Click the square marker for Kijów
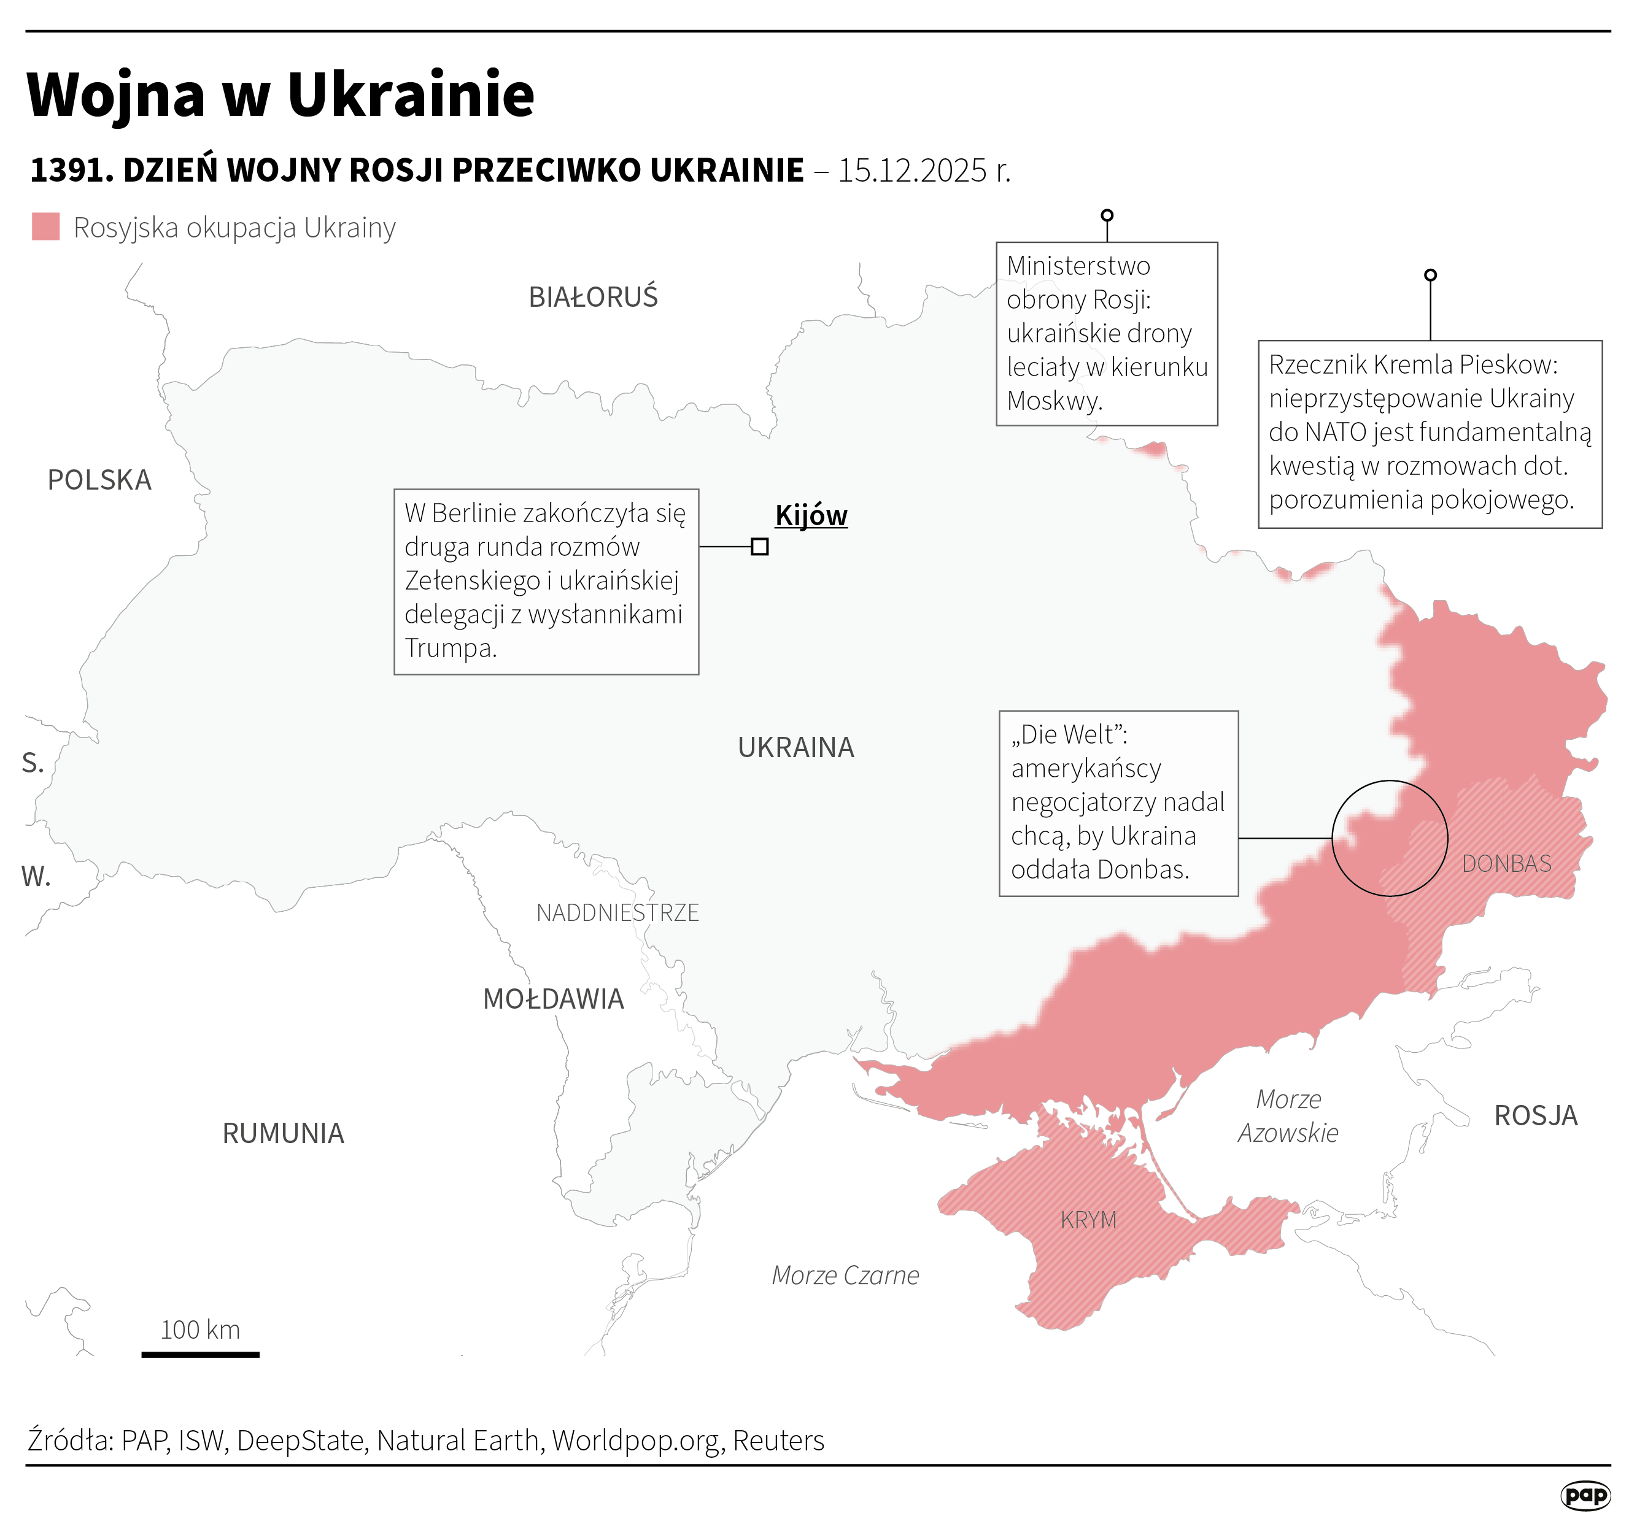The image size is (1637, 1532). pyautogui.click(x=759, y=547)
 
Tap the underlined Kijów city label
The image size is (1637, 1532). pyautogui.click(x=811, y=515)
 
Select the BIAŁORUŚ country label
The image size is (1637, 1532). pyautogui.click(x=593, y=297)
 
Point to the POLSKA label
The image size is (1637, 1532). pyautogui.click(x=99, y=480)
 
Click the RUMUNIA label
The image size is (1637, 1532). pyautogui.click(x=283, y=1134)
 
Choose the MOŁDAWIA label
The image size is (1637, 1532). pyautogui.click(x=554, y=999)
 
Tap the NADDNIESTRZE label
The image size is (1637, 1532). pyautogui.click(x=617, y=913)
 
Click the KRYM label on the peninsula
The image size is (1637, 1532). pyautogui.click(x=1089, y=1220)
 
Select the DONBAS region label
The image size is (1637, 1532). pyautogui.click(x=1507, y=863)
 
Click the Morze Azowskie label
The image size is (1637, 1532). pyautogui.click(x=1288, y=1116)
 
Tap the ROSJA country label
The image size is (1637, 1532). pyautogui.click(x=1536, y=1116)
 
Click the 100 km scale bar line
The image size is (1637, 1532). pyautogui.click(x=200, y=1354)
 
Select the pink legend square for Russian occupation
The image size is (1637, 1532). pyautogui.click(x=46, y=227)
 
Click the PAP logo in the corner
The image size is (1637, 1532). pyautogui.click(x=1585, y=1496)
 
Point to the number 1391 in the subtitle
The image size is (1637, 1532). pyautogui.click(x=68, y=171)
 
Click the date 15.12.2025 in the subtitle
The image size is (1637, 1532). pyautogui.click(x=912, y=171)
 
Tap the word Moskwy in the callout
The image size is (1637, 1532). pyautogui.click(x=1053, y=401)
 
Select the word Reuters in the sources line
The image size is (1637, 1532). pyautogui.click(x=778, y=1441)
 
